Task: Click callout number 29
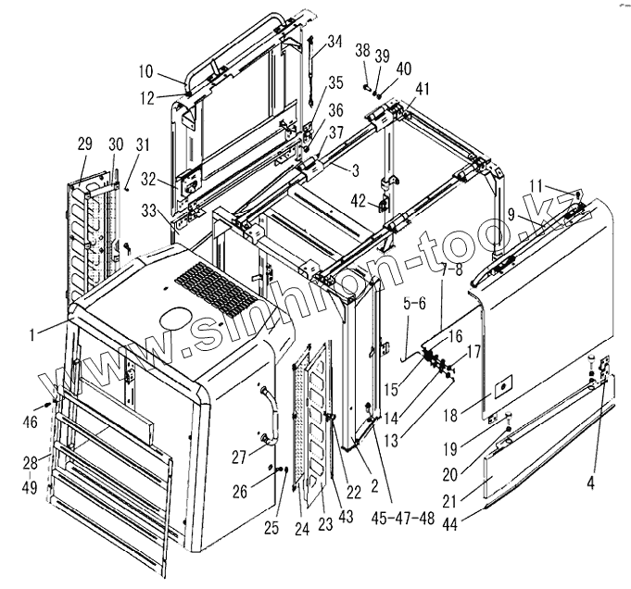pyautogui.click(x=85, y=145)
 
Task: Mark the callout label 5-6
pyautogui.click(x=414, y=302)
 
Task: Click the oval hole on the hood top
pyautogui.click(x=173, y=319)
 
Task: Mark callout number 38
pyautogui.click(x=362, y=50)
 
